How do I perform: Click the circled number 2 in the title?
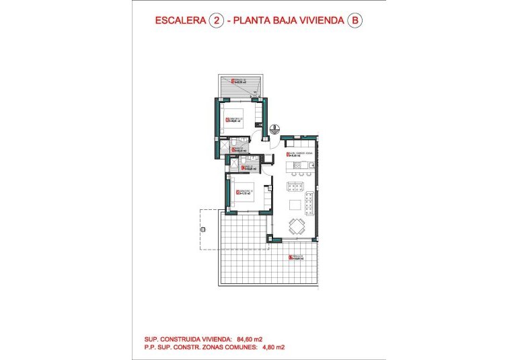tap(217, 21)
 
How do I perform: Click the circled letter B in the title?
tap(355, 21)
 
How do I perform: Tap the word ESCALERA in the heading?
tap(180, 21)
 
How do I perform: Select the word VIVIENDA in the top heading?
tap(319, 21)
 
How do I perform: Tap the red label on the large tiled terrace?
tap(294, 257)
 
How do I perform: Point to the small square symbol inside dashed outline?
tap(201, 230)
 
